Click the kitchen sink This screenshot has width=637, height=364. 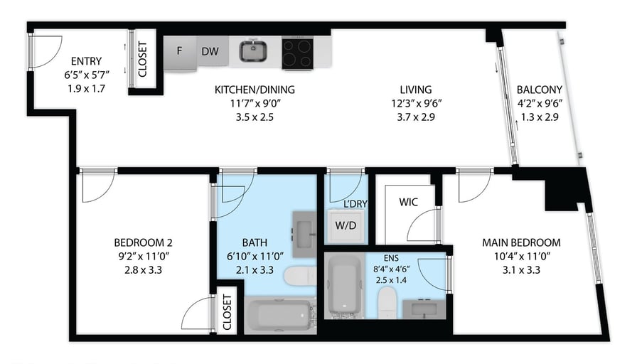pyautogui.click(x=252, y=51)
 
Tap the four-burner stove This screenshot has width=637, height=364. pyautogui.click(x=297, y=53)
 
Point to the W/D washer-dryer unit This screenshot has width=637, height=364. pyautogui.click(x=346, y=225)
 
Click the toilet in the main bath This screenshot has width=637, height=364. pyautogui.click(x=300, y=276)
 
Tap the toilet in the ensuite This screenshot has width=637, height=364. pyautogui.click(x=387, y=302)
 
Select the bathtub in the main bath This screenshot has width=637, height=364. pyautogui.click(x=279, y=315)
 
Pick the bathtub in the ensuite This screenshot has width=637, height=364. pyautogui.click(x=345, y=285)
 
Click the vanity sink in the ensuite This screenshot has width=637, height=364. pyautogui.click(x=424, y=309)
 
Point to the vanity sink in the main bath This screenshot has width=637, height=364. pyautogui.click(x=304, y=235)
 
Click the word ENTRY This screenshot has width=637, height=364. pyautogui.click(x=86, y=61)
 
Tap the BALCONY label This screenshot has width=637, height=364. pyautogui.click(x=540, y=90)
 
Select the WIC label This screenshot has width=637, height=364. pyautogui.click(x=408, y=202)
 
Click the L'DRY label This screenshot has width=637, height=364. pyautogui.click(x=355, y=204)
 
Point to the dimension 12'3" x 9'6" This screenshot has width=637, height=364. pyautogui.click(x=416, y=103)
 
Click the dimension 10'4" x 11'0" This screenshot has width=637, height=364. pyautogui.click(x=521, y=257)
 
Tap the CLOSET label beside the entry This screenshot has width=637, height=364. pyautogui.click(x=142, y=59)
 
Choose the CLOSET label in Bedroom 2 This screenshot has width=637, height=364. pyautogui.click(x=227, y=312)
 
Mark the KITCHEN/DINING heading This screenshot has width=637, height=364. pyautogui.click(x=255, y=90)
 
